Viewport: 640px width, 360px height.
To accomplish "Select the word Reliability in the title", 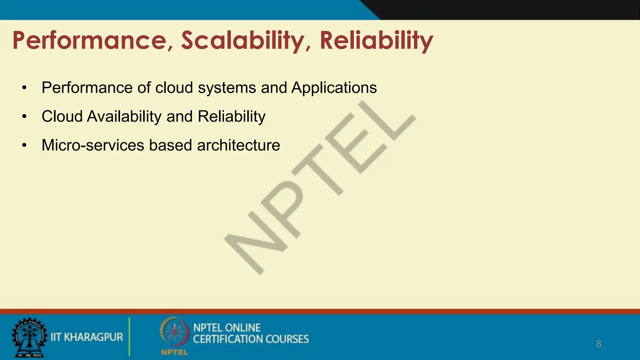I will tap(376, 41).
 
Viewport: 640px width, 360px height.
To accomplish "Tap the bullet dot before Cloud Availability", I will tap(24, 117).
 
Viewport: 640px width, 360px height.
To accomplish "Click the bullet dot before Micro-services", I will tap(24, 146).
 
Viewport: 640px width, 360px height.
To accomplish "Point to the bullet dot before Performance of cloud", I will tap(24, 88).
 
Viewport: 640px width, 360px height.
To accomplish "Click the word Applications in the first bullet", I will tap(334, 88).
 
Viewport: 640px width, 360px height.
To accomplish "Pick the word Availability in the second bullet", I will tap(124, 117).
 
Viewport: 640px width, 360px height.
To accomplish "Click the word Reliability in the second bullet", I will tap(232, 117).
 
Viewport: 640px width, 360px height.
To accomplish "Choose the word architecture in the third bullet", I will tap(238, 145).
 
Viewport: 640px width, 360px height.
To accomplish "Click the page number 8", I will tap(598, 344).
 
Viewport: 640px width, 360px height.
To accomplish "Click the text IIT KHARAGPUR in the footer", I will tap(87, 337).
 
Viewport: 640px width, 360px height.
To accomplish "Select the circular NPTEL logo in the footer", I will tap(174, 333).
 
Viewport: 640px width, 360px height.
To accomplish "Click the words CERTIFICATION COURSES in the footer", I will tap(251, 339).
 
